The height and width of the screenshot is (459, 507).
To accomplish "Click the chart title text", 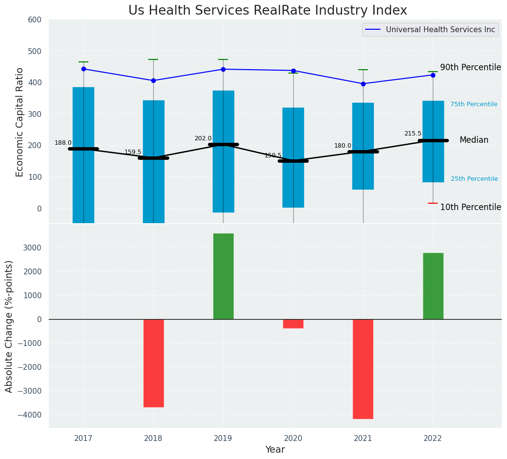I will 267,11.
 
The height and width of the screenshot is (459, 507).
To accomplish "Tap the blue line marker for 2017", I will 83,69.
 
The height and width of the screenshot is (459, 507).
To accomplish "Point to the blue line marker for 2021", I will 363,84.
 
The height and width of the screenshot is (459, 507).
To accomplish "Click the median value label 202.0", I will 203,138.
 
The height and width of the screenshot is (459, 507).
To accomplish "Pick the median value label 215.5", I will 413,134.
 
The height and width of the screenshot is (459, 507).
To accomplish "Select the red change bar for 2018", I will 153,363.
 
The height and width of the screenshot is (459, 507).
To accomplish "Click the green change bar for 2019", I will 223,276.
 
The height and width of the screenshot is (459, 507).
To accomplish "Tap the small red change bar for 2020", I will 293,324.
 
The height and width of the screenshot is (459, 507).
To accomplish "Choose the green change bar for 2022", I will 433,286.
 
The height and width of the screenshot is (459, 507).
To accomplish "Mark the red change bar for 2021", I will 363,369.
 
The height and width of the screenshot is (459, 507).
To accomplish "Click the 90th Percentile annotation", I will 470,67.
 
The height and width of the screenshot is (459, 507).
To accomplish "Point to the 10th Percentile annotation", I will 470,207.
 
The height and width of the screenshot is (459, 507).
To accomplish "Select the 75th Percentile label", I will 474,104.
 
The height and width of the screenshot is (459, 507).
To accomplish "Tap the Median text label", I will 474,140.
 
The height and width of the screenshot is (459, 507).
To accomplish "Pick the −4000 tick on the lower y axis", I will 32,415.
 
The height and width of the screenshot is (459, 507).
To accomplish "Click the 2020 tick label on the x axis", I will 293,439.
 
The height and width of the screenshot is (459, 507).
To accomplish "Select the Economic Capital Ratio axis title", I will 20,122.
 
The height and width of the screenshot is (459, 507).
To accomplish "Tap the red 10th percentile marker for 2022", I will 433,203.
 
